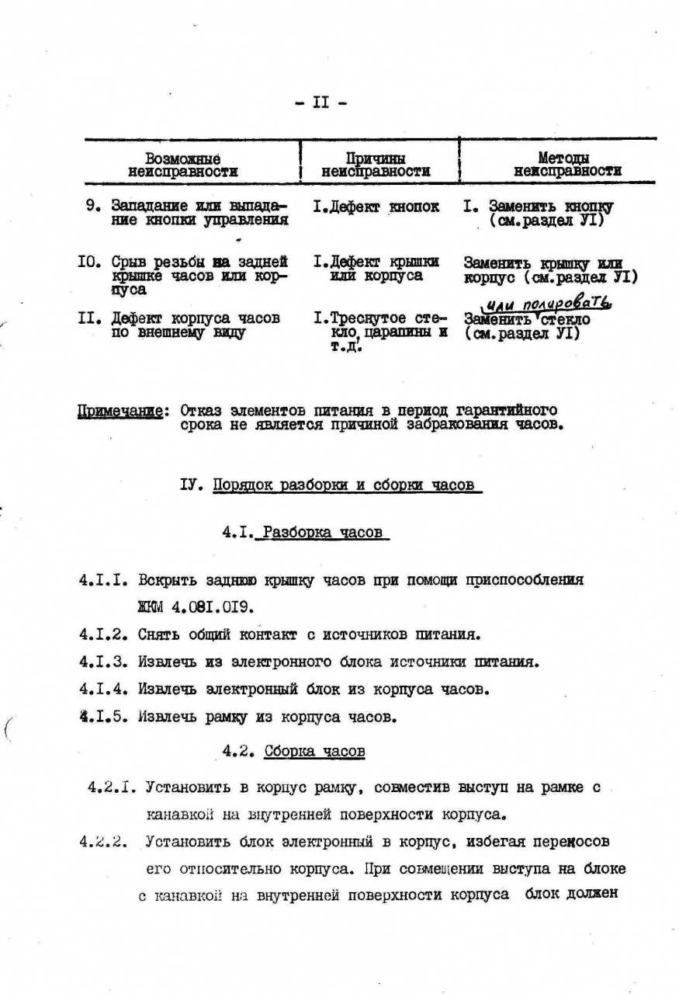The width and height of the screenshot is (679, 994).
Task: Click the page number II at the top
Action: pyautogui.click(x=320, y=103)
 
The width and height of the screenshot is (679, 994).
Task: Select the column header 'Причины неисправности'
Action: pyautogui.click(x=376, y=165)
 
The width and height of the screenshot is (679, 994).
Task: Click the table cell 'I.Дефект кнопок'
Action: pyautogui.click(x=376, y=207)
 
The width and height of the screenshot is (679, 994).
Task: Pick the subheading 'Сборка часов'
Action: pyautogui.click(x=314, y=751)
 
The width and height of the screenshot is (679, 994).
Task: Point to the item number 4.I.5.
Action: pyautogui.click(x=102, y=717)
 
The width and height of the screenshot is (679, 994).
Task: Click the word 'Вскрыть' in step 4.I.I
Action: pyautogui.click(x=166, y=580)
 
